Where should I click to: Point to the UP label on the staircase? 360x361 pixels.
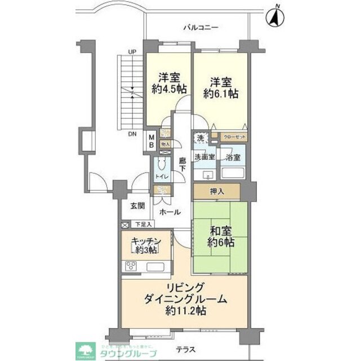(132, 52)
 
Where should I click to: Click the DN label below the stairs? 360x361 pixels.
(132, 134)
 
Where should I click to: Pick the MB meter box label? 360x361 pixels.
(151, 140)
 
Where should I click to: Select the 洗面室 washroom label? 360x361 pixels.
(205, 157)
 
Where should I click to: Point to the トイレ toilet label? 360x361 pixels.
(161, 177)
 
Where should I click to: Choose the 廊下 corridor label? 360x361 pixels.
(181, 164)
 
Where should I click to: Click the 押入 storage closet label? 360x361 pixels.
(217, 191)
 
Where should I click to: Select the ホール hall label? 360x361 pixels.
(170, 212)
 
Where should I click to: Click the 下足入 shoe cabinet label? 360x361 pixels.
(142, 224)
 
